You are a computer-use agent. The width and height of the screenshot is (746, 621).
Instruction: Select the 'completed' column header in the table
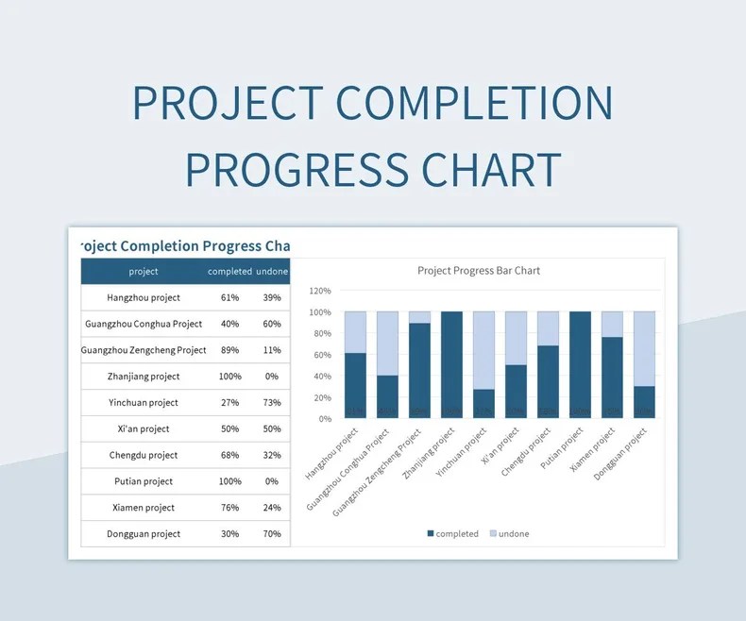point(229,272)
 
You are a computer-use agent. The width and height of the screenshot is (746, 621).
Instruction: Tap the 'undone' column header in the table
point(272,272)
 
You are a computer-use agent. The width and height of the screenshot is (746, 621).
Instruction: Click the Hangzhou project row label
point(144,297)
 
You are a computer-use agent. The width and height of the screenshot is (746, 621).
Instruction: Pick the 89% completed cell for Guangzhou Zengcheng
point(229,350)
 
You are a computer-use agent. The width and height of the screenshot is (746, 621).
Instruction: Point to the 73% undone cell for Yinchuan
point(272,403)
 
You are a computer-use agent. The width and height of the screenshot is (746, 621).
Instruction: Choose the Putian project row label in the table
point(144,481)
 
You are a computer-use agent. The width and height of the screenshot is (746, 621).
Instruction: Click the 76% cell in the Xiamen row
point(229,508)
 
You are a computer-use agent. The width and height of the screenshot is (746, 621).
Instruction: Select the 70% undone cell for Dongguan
point(272,534)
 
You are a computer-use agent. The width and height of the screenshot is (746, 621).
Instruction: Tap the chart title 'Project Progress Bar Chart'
point(479,271)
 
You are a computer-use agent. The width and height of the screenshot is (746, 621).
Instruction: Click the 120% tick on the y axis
point(320,291)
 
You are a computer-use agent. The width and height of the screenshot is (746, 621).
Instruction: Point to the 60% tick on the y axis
point(322,355)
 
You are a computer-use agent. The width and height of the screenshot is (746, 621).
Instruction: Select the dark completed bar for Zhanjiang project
point(451,364)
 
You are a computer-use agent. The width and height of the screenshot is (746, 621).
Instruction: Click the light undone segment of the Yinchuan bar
point(483,350)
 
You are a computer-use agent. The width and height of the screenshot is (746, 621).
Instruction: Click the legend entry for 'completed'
point(453,534)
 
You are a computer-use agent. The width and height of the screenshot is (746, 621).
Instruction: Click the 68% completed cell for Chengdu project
point(229,455)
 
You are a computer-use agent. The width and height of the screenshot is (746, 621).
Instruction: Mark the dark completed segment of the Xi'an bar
point(516,391)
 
